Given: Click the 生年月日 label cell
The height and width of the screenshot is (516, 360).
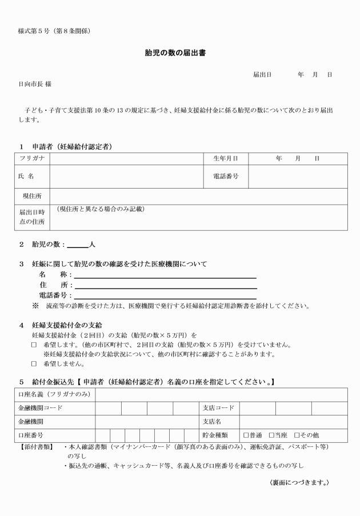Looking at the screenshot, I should click(225, 158).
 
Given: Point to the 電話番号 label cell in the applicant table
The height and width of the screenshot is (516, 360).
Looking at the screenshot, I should click(225, 177).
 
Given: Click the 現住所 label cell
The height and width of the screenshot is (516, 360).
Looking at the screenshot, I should click(32, 196).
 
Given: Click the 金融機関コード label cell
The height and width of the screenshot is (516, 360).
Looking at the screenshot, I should click(41, 408).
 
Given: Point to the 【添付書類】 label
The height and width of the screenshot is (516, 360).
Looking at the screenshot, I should click(36, 446).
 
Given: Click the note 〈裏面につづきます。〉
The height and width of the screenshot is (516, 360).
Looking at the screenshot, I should click(299, 482).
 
